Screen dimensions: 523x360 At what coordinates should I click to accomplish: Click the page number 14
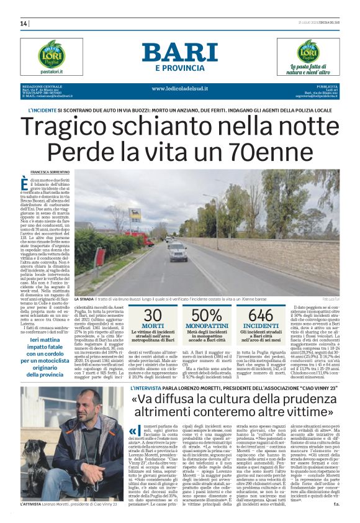point(24,24)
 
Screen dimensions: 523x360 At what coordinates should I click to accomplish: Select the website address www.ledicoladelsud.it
point(180,88)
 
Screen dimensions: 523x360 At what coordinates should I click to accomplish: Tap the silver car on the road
point(177,250)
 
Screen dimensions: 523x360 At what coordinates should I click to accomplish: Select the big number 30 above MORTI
point(152,315)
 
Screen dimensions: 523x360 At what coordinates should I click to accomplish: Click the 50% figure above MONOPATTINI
point(206,315)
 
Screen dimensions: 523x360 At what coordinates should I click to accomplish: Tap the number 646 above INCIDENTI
point(261,315)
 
